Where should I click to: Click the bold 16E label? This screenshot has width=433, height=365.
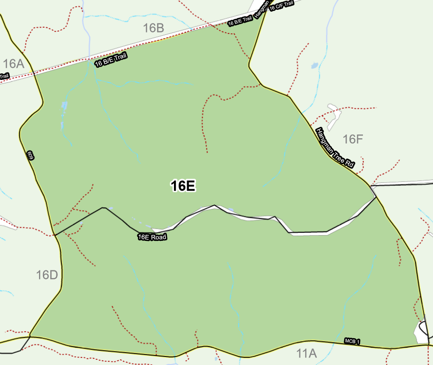tap(183, 186)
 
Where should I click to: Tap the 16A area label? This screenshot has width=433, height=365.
tap(13, 64)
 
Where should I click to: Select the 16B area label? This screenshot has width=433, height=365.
tap(153, 28)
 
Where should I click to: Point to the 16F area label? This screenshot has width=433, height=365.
tap(353, 139)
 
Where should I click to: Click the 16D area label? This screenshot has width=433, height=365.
tap(47, 275)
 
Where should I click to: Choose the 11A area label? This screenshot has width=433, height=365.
tap(307, 353)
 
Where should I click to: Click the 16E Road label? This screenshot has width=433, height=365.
tap(152, 237)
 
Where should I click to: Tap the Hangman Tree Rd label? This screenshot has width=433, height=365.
tap(335, 148)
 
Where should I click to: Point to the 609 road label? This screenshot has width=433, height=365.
tap(30, 156)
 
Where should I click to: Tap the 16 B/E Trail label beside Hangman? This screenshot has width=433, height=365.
tap(240, 21)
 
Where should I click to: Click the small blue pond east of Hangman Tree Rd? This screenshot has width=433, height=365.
tap(315, 65)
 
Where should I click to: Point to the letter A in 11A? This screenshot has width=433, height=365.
tap(312, 353)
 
